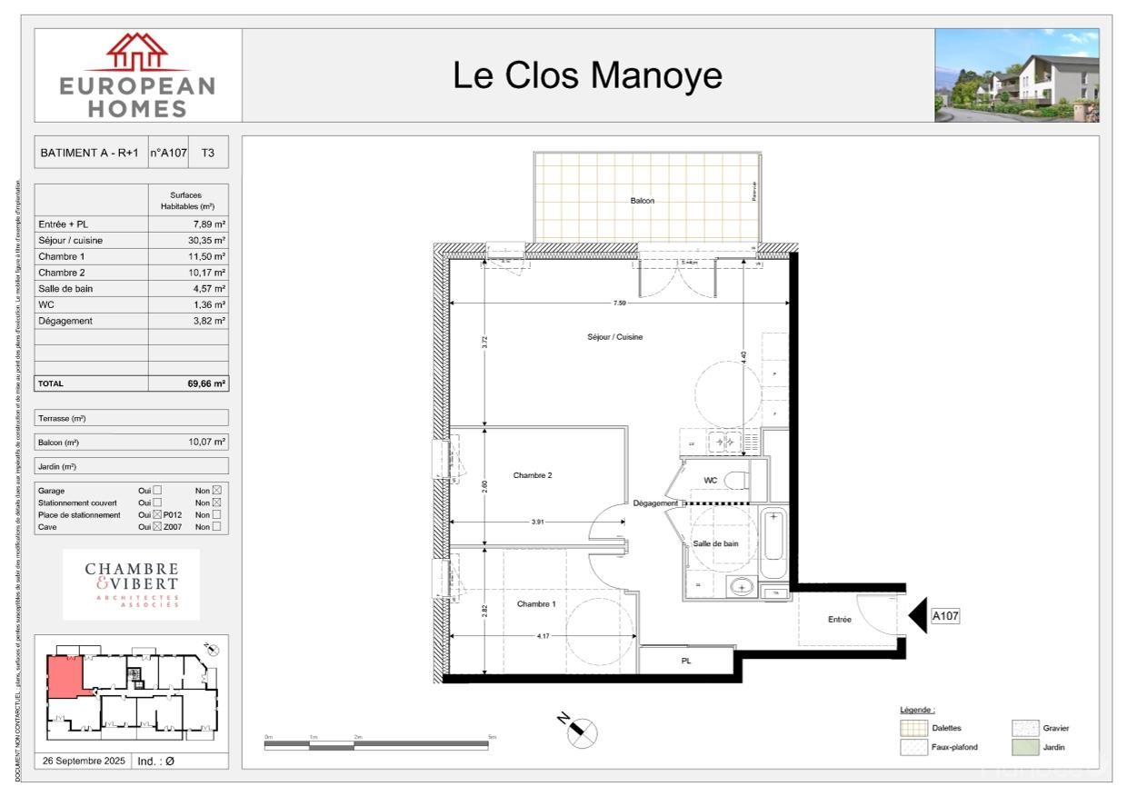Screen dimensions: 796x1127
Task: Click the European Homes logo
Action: click(138, 75)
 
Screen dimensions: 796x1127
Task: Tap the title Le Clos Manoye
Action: click(588, 75)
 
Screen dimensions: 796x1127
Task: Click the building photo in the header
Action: click(1016, 75)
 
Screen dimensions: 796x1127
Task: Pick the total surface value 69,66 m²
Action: click(206, 383)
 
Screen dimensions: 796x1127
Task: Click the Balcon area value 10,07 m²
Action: click(208, 442)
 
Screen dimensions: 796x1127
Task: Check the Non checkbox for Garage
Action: click(216, 491)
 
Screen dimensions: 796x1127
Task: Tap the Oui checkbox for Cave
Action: click(157, 527)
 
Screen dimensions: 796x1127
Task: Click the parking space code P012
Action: click(174, 515)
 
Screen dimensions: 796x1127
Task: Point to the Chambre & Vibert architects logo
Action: click(132, 584)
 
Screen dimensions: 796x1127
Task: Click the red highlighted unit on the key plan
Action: click(65, 676)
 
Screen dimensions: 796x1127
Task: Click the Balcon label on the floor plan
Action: click(643, 201)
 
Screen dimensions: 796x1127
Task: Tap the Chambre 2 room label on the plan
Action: click(533, 475)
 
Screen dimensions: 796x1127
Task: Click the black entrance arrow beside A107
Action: click(916, 615)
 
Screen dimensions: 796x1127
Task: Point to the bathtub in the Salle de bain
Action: click(774, 544)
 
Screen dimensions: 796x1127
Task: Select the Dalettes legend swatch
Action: click(913, 728)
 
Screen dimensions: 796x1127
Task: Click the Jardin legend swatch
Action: click(1024, 747)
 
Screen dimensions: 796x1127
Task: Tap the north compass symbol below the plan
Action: click(582, 731)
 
